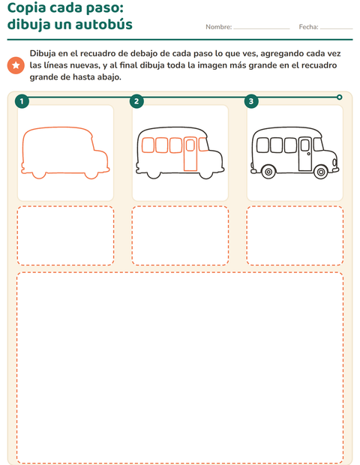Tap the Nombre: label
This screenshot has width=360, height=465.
(x=218, y=27)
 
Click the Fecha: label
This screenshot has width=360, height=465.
(x=308, y=27)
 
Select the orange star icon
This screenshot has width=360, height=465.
(x=16, y=65)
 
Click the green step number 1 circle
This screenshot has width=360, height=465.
(x=22, y=101)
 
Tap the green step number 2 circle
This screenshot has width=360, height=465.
(x=136, y=101)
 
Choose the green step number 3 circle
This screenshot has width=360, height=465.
(x=251, y=101)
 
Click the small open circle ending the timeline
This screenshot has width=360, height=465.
(x=340, y=97)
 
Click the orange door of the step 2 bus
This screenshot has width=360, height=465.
(x=190, y=154)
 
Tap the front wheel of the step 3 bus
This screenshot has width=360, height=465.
(x=320, y=172)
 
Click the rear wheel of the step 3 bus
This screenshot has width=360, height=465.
(x=268, y=172)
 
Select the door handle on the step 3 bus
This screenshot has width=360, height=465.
(x=309, y=154)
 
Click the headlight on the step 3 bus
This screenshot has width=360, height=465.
(x=334, y=162)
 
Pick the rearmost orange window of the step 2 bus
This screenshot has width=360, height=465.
(x=148, y=145)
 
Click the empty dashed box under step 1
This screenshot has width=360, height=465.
(x=65, y=235)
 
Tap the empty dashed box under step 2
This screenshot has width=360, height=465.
(x=180, y=235)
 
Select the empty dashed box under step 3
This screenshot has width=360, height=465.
(x=295, y=235)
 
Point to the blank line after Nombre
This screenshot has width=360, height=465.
(x=262, y=28)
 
